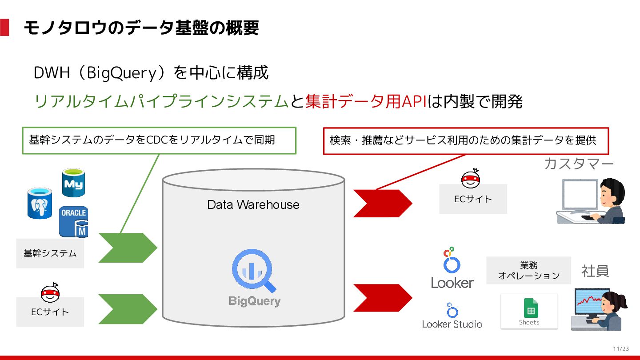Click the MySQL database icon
[x=73, y=182]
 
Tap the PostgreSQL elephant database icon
[x=40, y=203]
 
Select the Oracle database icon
[x=73, y=221]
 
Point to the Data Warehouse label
[x=253, y=204]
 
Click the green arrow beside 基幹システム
[x=128, y=248]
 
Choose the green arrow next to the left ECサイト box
[x=128, y=309]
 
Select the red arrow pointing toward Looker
[x=382, y=298]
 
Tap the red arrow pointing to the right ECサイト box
[x=382, y=203]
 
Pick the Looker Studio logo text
[x=452, y=324]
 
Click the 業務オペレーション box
[x=528, y=270]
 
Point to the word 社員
[x=595, y=271]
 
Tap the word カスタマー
[x=579, y=164]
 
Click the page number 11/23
[x=621, y=348]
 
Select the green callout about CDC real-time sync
[x=159, y=140]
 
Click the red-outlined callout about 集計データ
[x=466, y=140]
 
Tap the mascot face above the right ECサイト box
[x=471, y=179]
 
